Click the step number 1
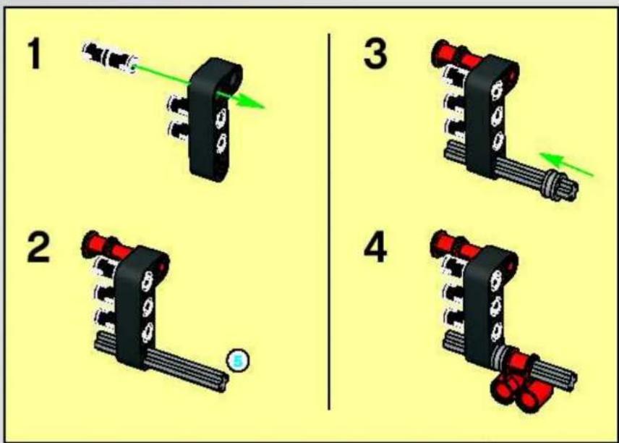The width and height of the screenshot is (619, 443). coord(35,54)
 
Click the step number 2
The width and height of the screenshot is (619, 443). coord(38,248)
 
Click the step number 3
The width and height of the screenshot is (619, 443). coord(375,54)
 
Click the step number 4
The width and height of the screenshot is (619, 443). coord(375,248)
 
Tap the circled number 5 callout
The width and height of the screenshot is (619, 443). coord(238,360)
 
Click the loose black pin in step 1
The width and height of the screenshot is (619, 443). coord(109,58)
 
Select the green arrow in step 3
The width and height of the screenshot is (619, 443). coord(566,164)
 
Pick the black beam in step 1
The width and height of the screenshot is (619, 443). coord(213,119)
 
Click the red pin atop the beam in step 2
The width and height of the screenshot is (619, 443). coord(107,246)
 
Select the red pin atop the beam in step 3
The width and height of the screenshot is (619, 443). coord(457,54)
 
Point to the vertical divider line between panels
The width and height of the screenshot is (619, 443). coord(329,221)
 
